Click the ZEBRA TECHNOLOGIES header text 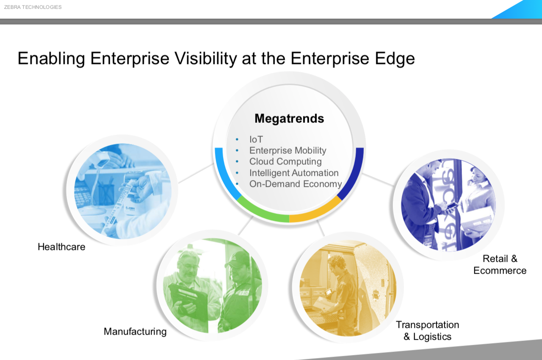click(x=33, y=7)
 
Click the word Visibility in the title click(x=205, y=59)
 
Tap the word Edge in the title click(x=395, y=59)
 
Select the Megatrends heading click(x=289, y=119)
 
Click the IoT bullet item click(x=256, y=139)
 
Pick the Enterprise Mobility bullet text click(x=288, y=150)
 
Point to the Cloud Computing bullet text click(x=285, y=162)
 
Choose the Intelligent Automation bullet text click(x=294, y=173)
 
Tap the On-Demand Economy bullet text click(x=296, y=184)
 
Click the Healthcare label click(x=61, y=247)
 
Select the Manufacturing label click(x=135, y=332)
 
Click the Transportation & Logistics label click(x=427, y=330)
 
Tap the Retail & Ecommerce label click(x=500, y=264)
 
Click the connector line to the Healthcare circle click(x=196, y=174)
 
